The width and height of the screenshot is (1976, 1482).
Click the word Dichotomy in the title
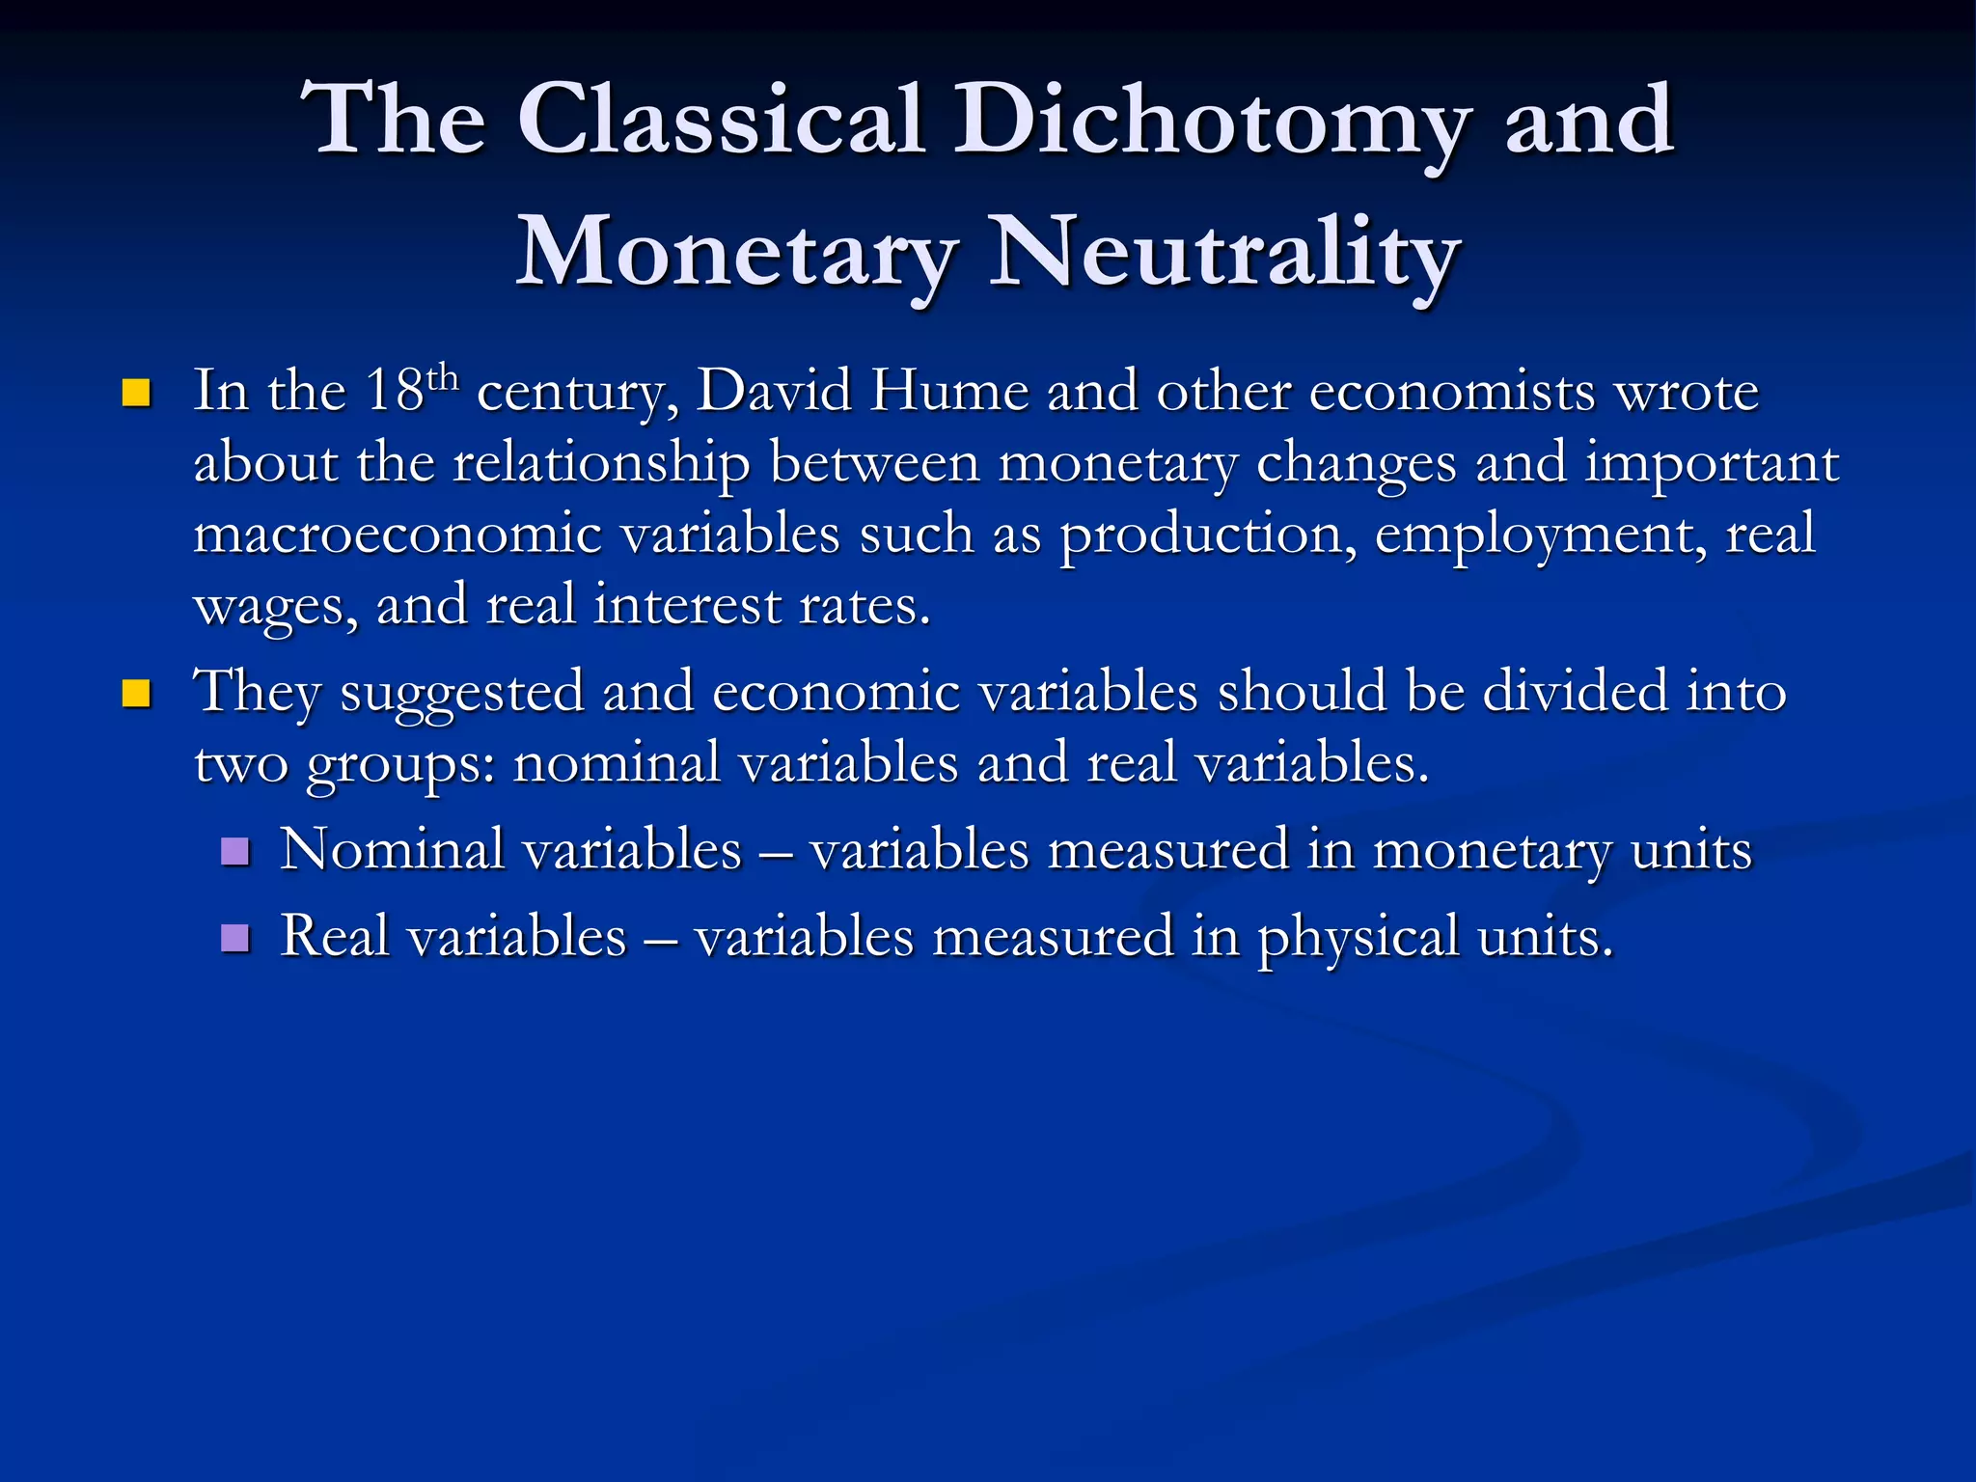1212,121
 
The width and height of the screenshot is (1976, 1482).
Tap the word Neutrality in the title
1223,253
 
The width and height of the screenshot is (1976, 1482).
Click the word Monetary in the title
737,253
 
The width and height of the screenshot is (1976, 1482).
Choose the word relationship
601,463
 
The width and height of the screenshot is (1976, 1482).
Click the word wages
276,607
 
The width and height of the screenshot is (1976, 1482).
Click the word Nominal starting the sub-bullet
392,850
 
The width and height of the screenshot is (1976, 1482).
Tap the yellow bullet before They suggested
137,694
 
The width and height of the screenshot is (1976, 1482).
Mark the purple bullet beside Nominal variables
235,851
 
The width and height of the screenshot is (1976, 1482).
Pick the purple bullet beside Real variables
235,938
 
